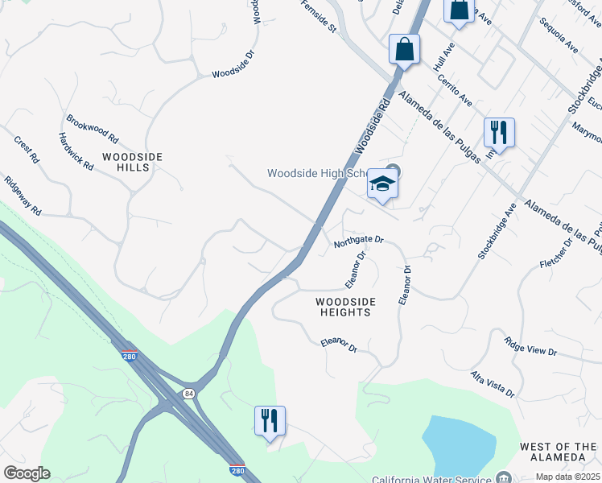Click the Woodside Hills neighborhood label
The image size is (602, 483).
tap(132, 161)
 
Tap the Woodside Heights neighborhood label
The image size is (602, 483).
tap(346, 307)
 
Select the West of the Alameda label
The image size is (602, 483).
tap(558, 452)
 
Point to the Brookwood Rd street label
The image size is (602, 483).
tap(93, 128)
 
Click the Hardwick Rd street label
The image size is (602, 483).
tap(76, 151)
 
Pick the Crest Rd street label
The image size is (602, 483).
tap(26, 150)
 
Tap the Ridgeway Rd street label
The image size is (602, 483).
tap(22, 196)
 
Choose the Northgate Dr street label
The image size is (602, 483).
tap(359, 240)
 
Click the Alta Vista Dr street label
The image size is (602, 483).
tap(493, 385)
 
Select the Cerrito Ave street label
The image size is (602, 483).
tap(455, 90)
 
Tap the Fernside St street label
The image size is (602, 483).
tap(318, 17)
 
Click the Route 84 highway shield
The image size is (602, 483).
tap(188, 393)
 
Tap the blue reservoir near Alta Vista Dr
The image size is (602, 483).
tap(459, 446)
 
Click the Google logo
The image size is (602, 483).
tap(27, 473)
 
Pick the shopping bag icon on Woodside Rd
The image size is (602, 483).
tap(405, 49)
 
